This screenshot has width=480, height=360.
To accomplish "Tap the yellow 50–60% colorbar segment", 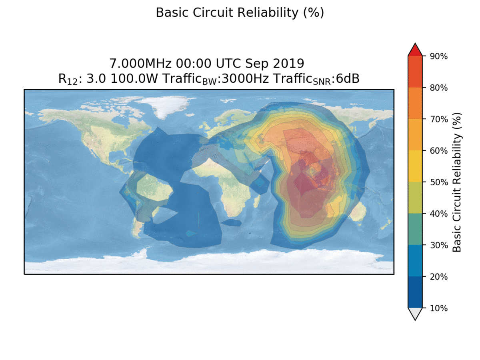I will (415, 166).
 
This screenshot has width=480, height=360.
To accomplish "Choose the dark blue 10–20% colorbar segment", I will (415, 292).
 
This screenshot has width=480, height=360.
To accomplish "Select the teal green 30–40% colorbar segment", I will (415, 229).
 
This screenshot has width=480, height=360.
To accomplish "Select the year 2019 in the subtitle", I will (290, 64).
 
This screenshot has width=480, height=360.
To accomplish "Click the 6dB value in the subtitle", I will (348, 79).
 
